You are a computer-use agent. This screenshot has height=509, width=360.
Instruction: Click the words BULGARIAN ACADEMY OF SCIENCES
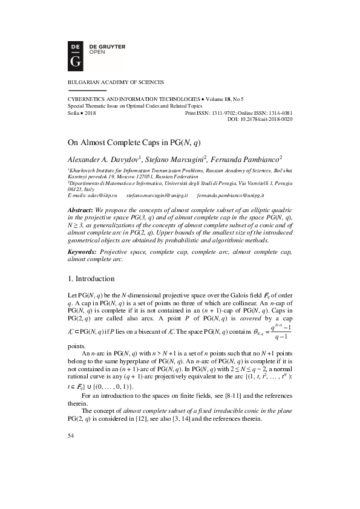tap(114, 82)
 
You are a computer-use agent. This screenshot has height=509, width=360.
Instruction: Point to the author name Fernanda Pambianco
tap(247, 159)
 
